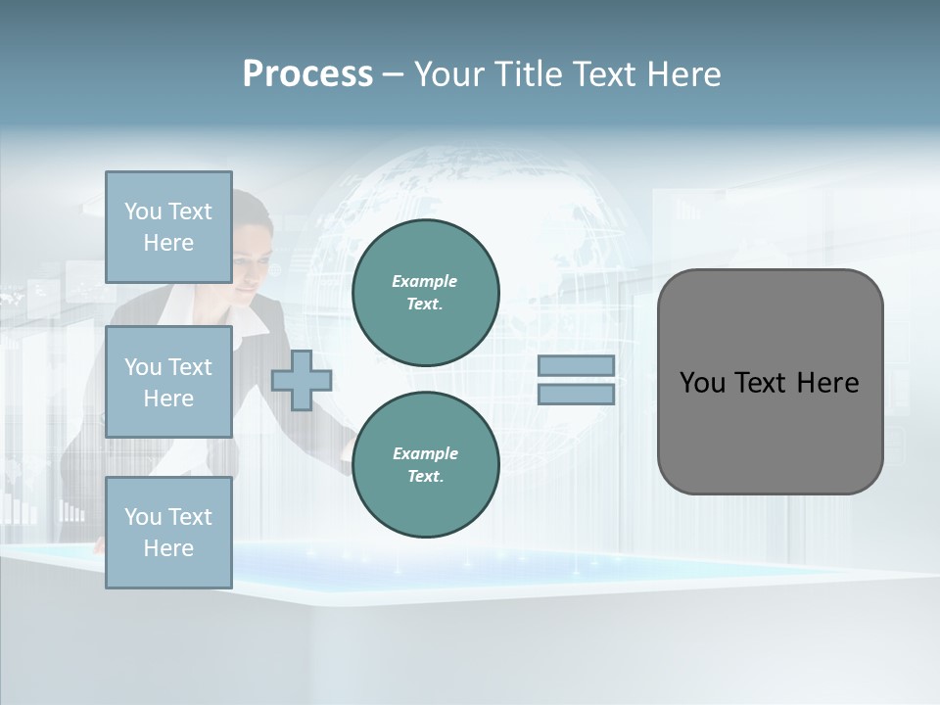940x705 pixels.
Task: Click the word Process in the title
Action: pyautogui.click(x=307, y=74)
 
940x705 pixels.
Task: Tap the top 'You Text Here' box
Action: pyautogui.click(x=168, y=227)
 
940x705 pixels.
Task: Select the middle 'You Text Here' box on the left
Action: pyautogui.click(x=168, y=382)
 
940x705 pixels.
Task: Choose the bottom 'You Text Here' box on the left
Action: pyautogui.click(x=168, y=533)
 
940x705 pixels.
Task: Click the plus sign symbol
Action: pyautogui.click(x=301, y=380)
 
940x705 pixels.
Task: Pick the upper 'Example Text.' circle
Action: pyautogui.click(x=425, y=293)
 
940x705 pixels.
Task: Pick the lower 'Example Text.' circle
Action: pyautogui.click(x=425, y=465)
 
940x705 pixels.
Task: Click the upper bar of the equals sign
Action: pyautogui.click(x=576, y=366)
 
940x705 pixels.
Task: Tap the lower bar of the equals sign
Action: pyautogui.click(x=576, y=395)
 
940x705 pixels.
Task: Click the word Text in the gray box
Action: pyautogui.click(x=763, y=383)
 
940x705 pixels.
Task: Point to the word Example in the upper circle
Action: pyautogui.click(x=424, y=281)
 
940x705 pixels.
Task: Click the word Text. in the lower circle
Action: pyautogui.click(x=425, y=477)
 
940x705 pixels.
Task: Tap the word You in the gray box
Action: pyautogui.click(x=701, y=383)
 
